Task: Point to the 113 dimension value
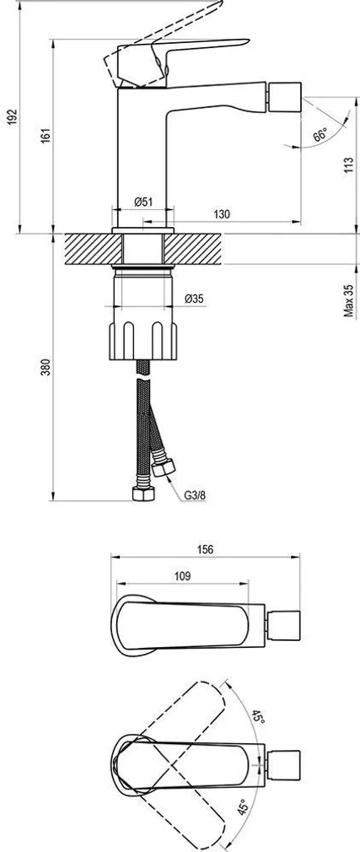pos(347,165)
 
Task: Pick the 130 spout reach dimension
pos(221,215)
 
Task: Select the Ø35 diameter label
pos(194,298)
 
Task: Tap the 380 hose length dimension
pos(45,368)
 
